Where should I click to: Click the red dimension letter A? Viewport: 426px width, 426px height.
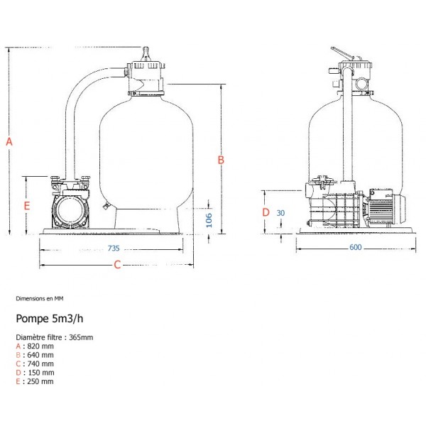(9, 141)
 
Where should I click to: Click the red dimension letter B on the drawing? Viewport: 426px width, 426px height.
(221, 160)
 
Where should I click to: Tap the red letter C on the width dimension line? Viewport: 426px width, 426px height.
(117, 264)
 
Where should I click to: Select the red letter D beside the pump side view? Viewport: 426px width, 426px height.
(266, 212)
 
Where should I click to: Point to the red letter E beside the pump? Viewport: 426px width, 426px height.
(26, 206)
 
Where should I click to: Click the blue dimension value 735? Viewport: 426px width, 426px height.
(114, 248)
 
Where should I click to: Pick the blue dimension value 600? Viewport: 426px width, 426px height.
(356, 247)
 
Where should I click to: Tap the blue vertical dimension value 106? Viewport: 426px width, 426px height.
(209, 220)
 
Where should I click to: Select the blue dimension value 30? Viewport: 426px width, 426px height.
(280, 213)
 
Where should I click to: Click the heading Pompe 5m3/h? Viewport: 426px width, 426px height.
(50, 318)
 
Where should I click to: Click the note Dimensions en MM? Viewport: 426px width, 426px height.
(40, 299)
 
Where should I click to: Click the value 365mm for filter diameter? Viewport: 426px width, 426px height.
(81, 337)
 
